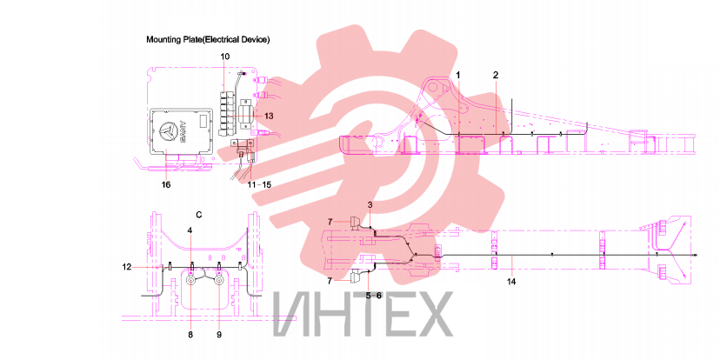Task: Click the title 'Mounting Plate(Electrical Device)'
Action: (x=208, y=40)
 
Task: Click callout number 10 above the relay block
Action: (x=225, y=57)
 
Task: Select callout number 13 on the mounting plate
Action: (x=268, y=116)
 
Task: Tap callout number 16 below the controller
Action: (x=166, y=184)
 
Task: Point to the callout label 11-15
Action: (x=259, y=184)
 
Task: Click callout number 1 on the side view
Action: (x=458, y=75)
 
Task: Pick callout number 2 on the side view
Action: (x=496, y=75)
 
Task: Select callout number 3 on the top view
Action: (x=370, y=204)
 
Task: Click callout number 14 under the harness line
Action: (x=511, y=281)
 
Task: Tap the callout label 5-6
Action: (x=373, y=296)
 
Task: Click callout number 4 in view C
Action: (x=190, y=230)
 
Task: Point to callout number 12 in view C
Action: (x=128, y=266)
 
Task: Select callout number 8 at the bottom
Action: (x=190, y=334)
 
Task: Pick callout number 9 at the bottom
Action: (x=219, y=334)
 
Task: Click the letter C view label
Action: (x=199, y=214)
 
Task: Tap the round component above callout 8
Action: (x=190, y=281)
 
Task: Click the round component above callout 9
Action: (x=219, y=281)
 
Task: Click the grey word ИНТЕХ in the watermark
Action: (x=362, y=314)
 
